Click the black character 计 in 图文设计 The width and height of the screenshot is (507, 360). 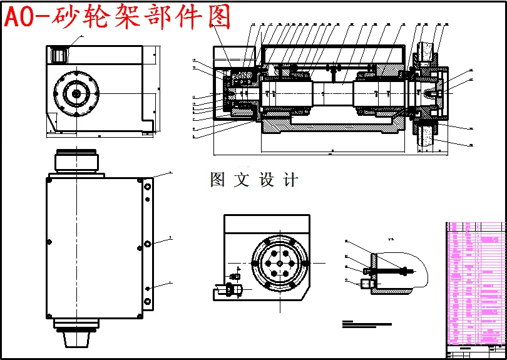(x=290, y=180)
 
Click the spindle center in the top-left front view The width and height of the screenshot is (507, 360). (x=76, y=93)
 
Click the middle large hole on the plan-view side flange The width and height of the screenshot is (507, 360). (x=147, y=243)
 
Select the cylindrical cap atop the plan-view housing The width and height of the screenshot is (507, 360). (x=76, y=162)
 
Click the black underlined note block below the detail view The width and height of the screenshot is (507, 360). (x=366, y=324)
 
